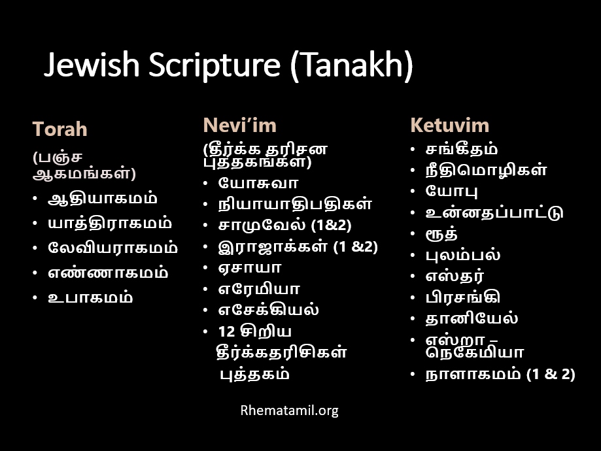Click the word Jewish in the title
click(92, 64)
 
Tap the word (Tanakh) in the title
click(351, 65)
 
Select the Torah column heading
click(60, 129)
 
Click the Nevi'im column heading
click(239, 125)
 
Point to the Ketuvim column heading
click(449, 125)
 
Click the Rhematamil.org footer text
click(290, 410)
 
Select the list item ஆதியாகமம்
click(102, 199)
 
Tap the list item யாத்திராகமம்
click(110, 224)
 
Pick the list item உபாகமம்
click(90, 297)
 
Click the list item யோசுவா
click(258, 183)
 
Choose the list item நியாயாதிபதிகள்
click(295, 204)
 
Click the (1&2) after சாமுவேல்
click(331, 225)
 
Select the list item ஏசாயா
click(250, 267)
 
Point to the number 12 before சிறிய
click(226, 331)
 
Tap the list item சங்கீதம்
click(462, 149)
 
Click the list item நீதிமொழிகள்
click(486, 170)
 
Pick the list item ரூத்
click(441, 234)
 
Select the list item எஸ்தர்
click(455, 276)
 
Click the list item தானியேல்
click(472, 318)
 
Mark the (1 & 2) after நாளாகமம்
click(551, 375)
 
